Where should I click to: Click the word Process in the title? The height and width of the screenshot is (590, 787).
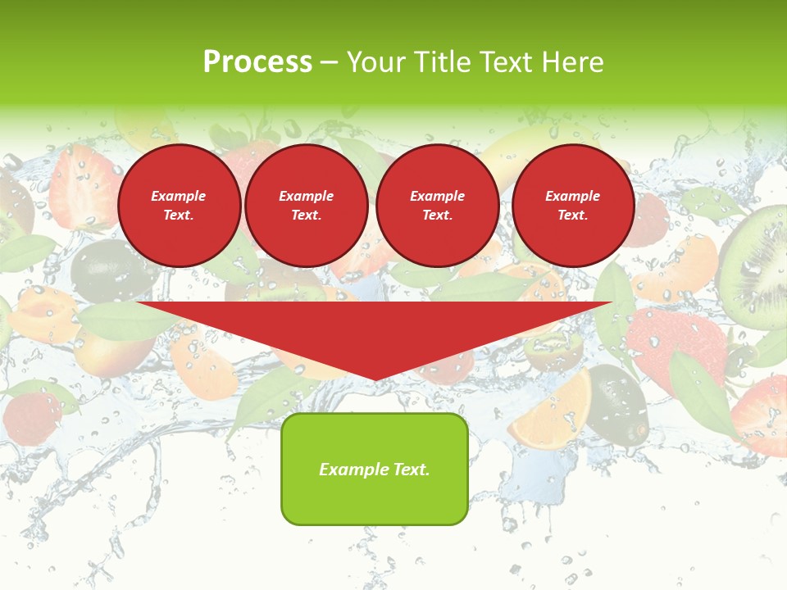tap(257, 62)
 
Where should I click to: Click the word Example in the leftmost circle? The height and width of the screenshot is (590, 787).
tap(179, 196)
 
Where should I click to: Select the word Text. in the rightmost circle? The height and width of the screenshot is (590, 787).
tap(573, 215)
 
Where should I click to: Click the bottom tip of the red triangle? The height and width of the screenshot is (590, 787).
tap(375, 378)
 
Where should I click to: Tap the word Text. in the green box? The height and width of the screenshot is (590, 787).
tap(411, 470)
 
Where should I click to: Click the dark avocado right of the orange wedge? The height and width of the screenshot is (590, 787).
tap(618, 406)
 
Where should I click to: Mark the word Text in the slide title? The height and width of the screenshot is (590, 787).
tap(505, 62)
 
